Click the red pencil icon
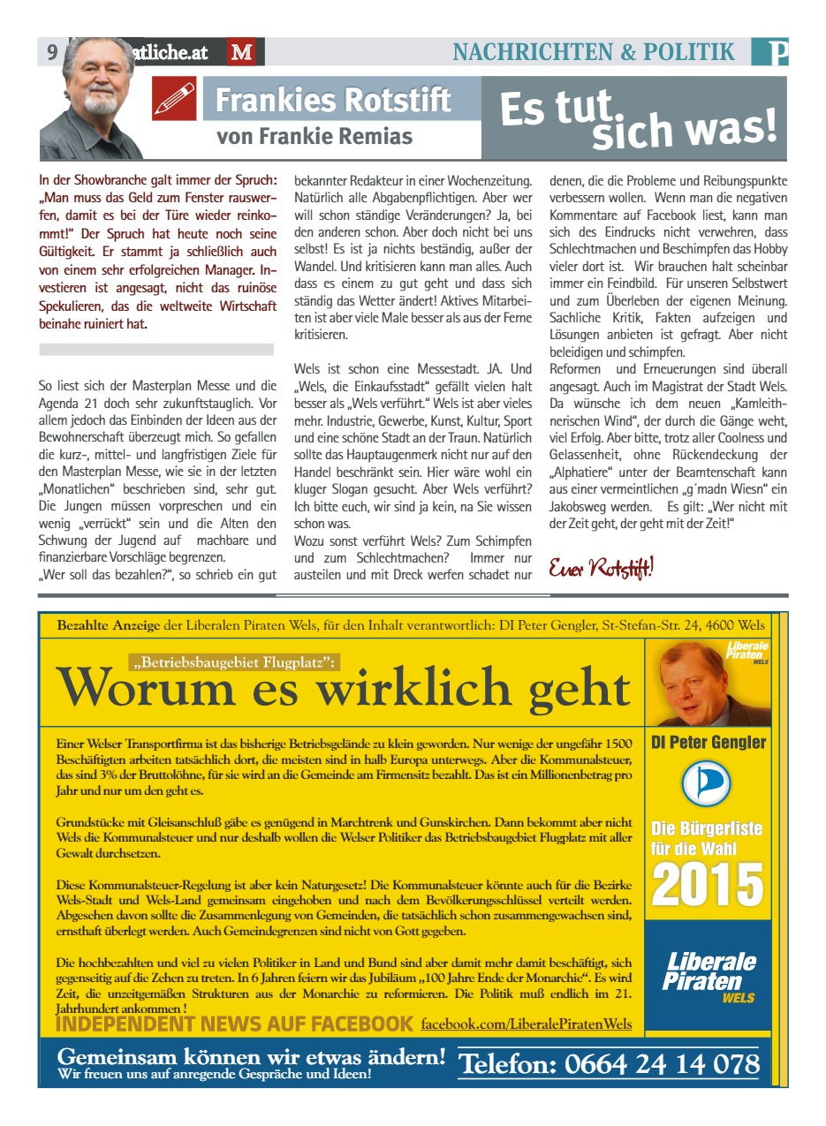pos(174,98)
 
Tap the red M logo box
pos(241,52)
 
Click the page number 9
pos(52,52)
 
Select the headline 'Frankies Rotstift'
pos(333,100)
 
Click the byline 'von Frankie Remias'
pos(314,137)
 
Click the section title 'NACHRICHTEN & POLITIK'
pos(594,52)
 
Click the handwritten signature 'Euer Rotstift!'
pos(601,567)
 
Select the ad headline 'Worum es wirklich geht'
pos(343,688)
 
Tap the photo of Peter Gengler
pos(708,682)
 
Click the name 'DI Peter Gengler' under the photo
pos(708,742)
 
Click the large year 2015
pos(707,884)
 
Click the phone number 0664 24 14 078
pos(609,1063)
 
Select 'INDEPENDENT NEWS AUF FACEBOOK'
pos(234,1024)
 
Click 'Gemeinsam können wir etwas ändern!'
pos(251,1057)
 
